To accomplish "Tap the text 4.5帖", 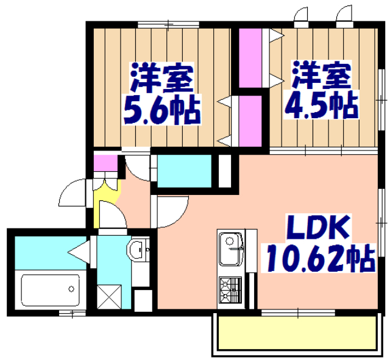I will [321, 106].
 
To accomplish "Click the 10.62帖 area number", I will [318, 259].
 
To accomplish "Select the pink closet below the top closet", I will [250, 119].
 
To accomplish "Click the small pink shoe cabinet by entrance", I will [105, 164].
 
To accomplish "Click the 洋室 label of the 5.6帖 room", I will [162, 77].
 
